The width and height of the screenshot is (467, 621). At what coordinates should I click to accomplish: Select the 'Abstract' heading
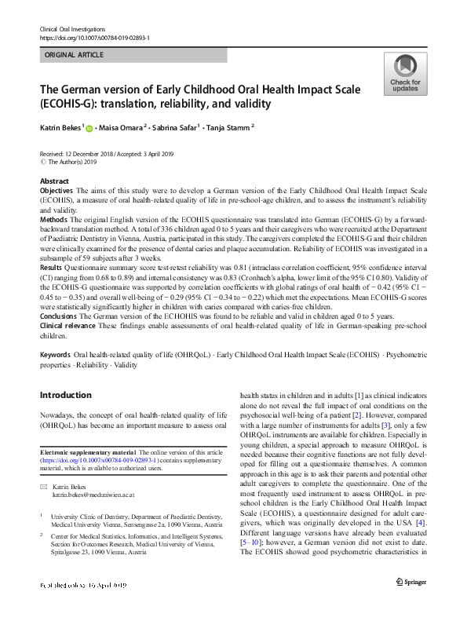pyautogui.click(x=53, y=181)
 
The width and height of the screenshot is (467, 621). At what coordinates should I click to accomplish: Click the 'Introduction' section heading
pyautogui.click(x=66, y=394)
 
